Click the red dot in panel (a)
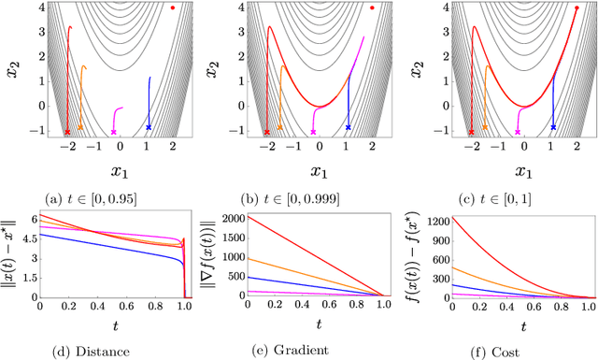172,7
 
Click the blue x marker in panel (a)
149,127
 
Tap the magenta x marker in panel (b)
313,133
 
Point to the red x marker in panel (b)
267,133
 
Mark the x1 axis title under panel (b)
319,171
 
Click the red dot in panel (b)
372,7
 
